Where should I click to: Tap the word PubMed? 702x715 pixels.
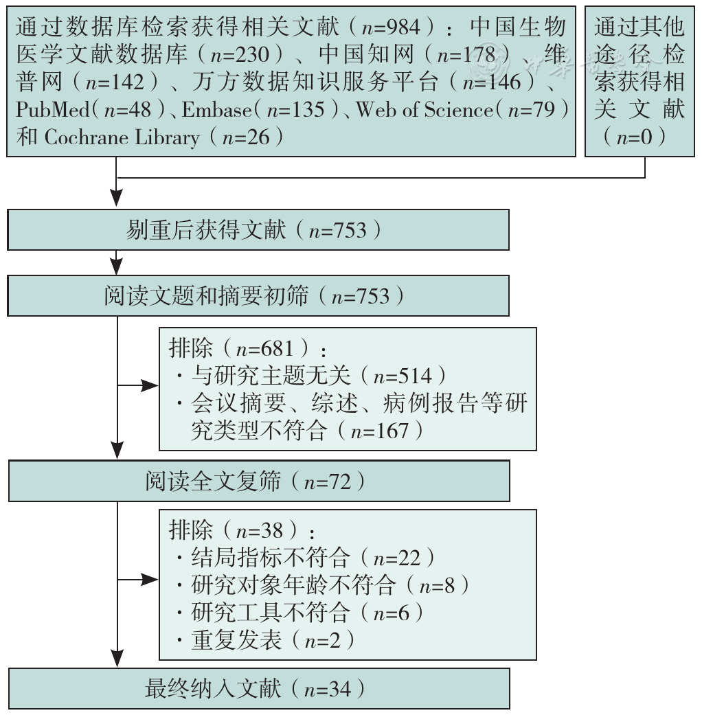point(53,110)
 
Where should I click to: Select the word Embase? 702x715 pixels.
point(216,110)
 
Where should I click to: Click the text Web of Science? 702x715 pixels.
point(424,110)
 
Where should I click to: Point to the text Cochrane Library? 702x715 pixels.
point(122,137)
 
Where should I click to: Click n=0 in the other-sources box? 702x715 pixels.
point(635,137)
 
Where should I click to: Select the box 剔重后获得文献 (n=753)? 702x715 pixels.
point(258,230)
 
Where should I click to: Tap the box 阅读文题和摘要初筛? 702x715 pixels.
point(258,295)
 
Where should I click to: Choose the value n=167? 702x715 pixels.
point(380,431)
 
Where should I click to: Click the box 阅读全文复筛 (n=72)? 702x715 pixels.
point(259,481)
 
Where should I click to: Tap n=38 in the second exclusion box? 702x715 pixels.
point(260,531)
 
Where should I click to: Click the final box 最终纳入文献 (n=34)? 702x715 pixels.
point(259,688)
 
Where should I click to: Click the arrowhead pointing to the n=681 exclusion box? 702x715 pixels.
point(150,386)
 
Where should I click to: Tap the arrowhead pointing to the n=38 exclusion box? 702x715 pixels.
point(150,580)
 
